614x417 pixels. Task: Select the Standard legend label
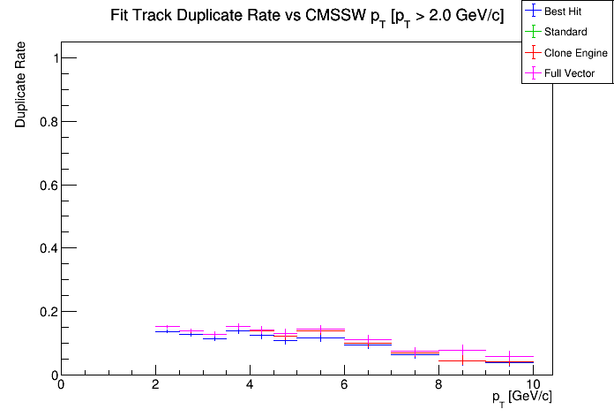[565, 33]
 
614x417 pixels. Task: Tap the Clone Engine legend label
[576, 53]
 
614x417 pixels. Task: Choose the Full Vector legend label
[570, 73]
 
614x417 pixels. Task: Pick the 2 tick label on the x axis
[155, 385]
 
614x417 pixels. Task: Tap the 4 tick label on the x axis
[250, 385]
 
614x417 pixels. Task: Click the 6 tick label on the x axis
[344, 385]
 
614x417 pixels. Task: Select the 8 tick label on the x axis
[438, 385]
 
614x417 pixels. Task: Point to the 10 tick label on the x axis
[533, 385]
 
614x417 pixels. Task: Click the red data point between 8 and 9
[462, 360]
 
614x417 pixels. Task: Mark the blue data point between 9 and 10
[509, 362]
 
